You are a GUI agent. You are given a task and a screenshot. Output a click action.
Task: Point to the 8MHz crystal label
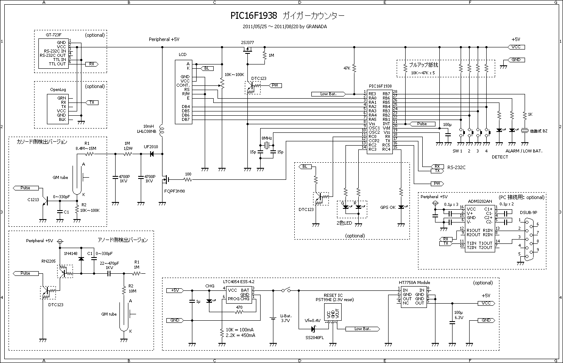click(x=267, y=138)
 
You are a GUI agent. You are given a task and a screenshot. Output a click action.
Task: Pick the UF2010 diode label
click(x=151, y=146)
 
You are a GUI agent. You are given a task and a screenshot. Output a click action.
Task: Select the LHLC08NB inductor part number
click(x=145, y=131)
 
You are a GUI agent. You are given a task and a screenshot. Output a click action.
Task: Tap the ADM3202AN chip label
click(x=480, y=201)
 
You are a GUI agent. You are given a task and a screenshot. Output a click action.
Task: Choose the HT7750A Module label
click(x=414, y=282)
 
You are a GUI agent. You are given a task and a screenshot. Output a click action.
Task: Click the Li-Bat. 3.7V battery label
click(x=285, y=318)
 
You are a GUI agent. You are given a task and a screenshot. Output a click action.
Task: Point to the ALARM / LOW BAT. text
click(x=523, y=151)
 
